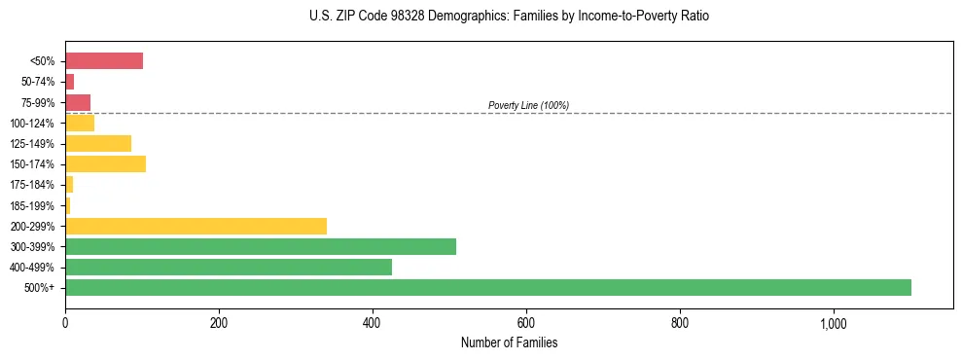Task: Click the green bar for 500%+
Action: pos(487,287)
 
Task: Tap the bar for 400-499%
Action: pos(240,267)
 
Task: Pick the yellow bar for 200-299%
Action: pos(196,226)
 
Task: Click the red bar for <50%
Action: pos(104,61)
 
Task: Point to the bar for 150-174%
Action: pos(105,163)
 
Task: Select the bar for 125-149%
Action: pos(98,143)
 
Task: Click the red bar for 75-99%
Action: pos(78,102)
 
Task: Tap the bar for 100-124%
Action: pos(80,123)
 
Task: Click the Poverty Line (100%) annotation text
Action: pos(528,105)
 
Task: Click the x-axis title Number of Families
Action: pos(509,342)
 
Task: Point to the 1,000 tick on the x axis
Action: pos(834,323)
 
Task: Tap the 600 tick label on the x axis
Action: pos(526,323)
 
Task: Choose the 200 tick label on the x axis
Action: pos(219,323)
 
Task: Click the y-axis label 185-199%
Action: pos(33,205)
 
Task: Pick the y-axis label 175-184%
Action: pos(33,185)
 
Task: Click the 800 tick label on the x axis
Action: pos(680,323)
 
